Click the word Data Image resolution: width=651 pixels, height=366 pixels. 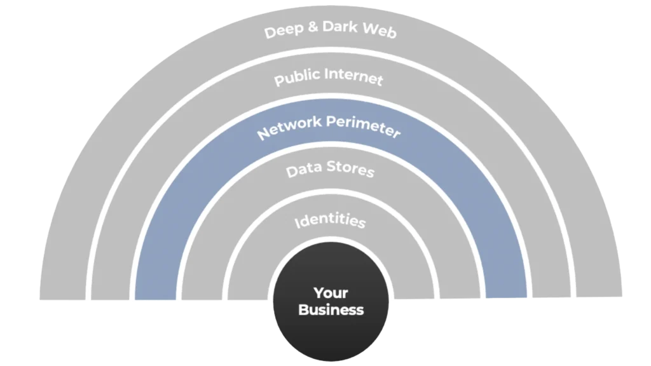301,171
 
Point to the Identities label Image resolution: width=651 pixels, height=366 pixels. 330,221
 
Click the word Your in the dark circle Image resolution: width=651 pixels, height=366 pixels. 331,293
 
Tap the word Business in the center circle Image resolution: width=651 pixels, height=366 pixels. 331,310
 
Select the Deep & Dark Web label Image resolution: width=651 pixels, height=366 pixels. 330,29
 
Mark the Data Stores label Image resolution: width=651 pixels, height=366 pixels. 329,170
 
